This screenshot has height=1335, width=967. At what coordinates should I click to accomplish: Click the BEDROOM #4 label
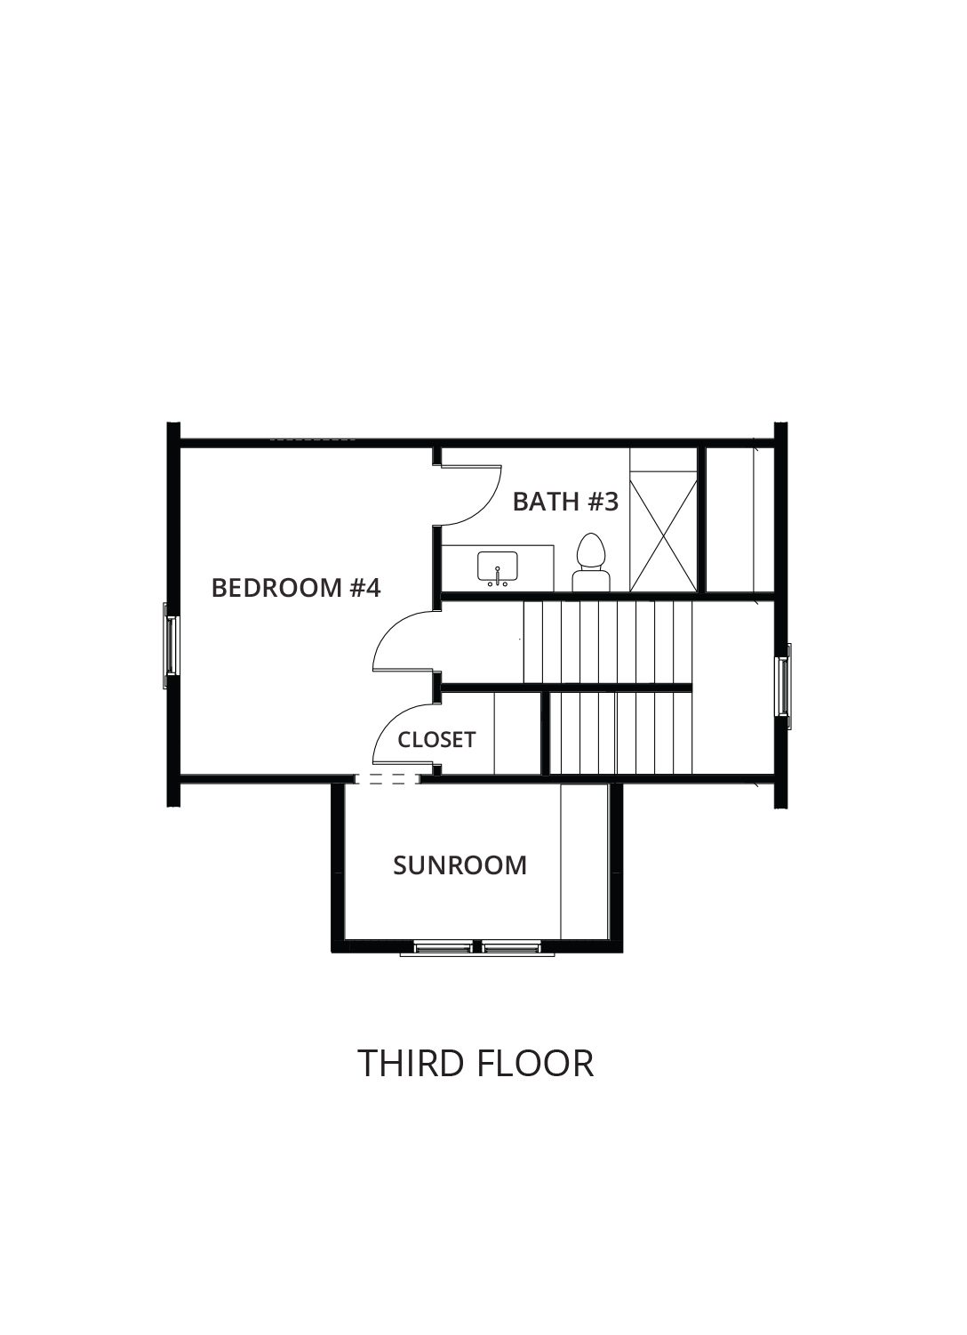point(296,588)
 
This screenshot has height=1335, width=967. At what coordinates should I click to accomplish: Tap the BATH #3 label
point(565,502)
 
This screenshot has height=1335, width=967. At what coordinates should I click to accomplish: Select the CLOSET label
point(436,740)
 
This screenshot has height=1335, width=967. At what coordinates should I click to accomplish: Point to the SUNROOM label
point(460,865)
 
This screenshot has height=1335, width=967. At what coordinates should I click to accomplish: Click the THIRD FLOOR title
point(476,1063)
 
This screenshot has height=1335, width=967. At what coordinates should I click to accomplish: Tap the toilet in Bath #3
point(591,562)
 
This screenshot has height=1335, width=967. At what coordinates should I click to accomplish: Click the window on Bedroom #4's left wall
point(171,646)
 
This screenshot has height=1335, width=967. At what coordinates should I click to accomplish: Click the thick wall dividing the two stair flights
point(565,688)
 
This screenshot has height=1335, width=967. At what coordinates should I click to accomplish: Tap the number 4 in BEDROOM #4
point(372,588)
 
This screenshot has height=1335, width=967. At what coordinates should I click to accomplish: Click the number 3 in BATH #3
point(611,502)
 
